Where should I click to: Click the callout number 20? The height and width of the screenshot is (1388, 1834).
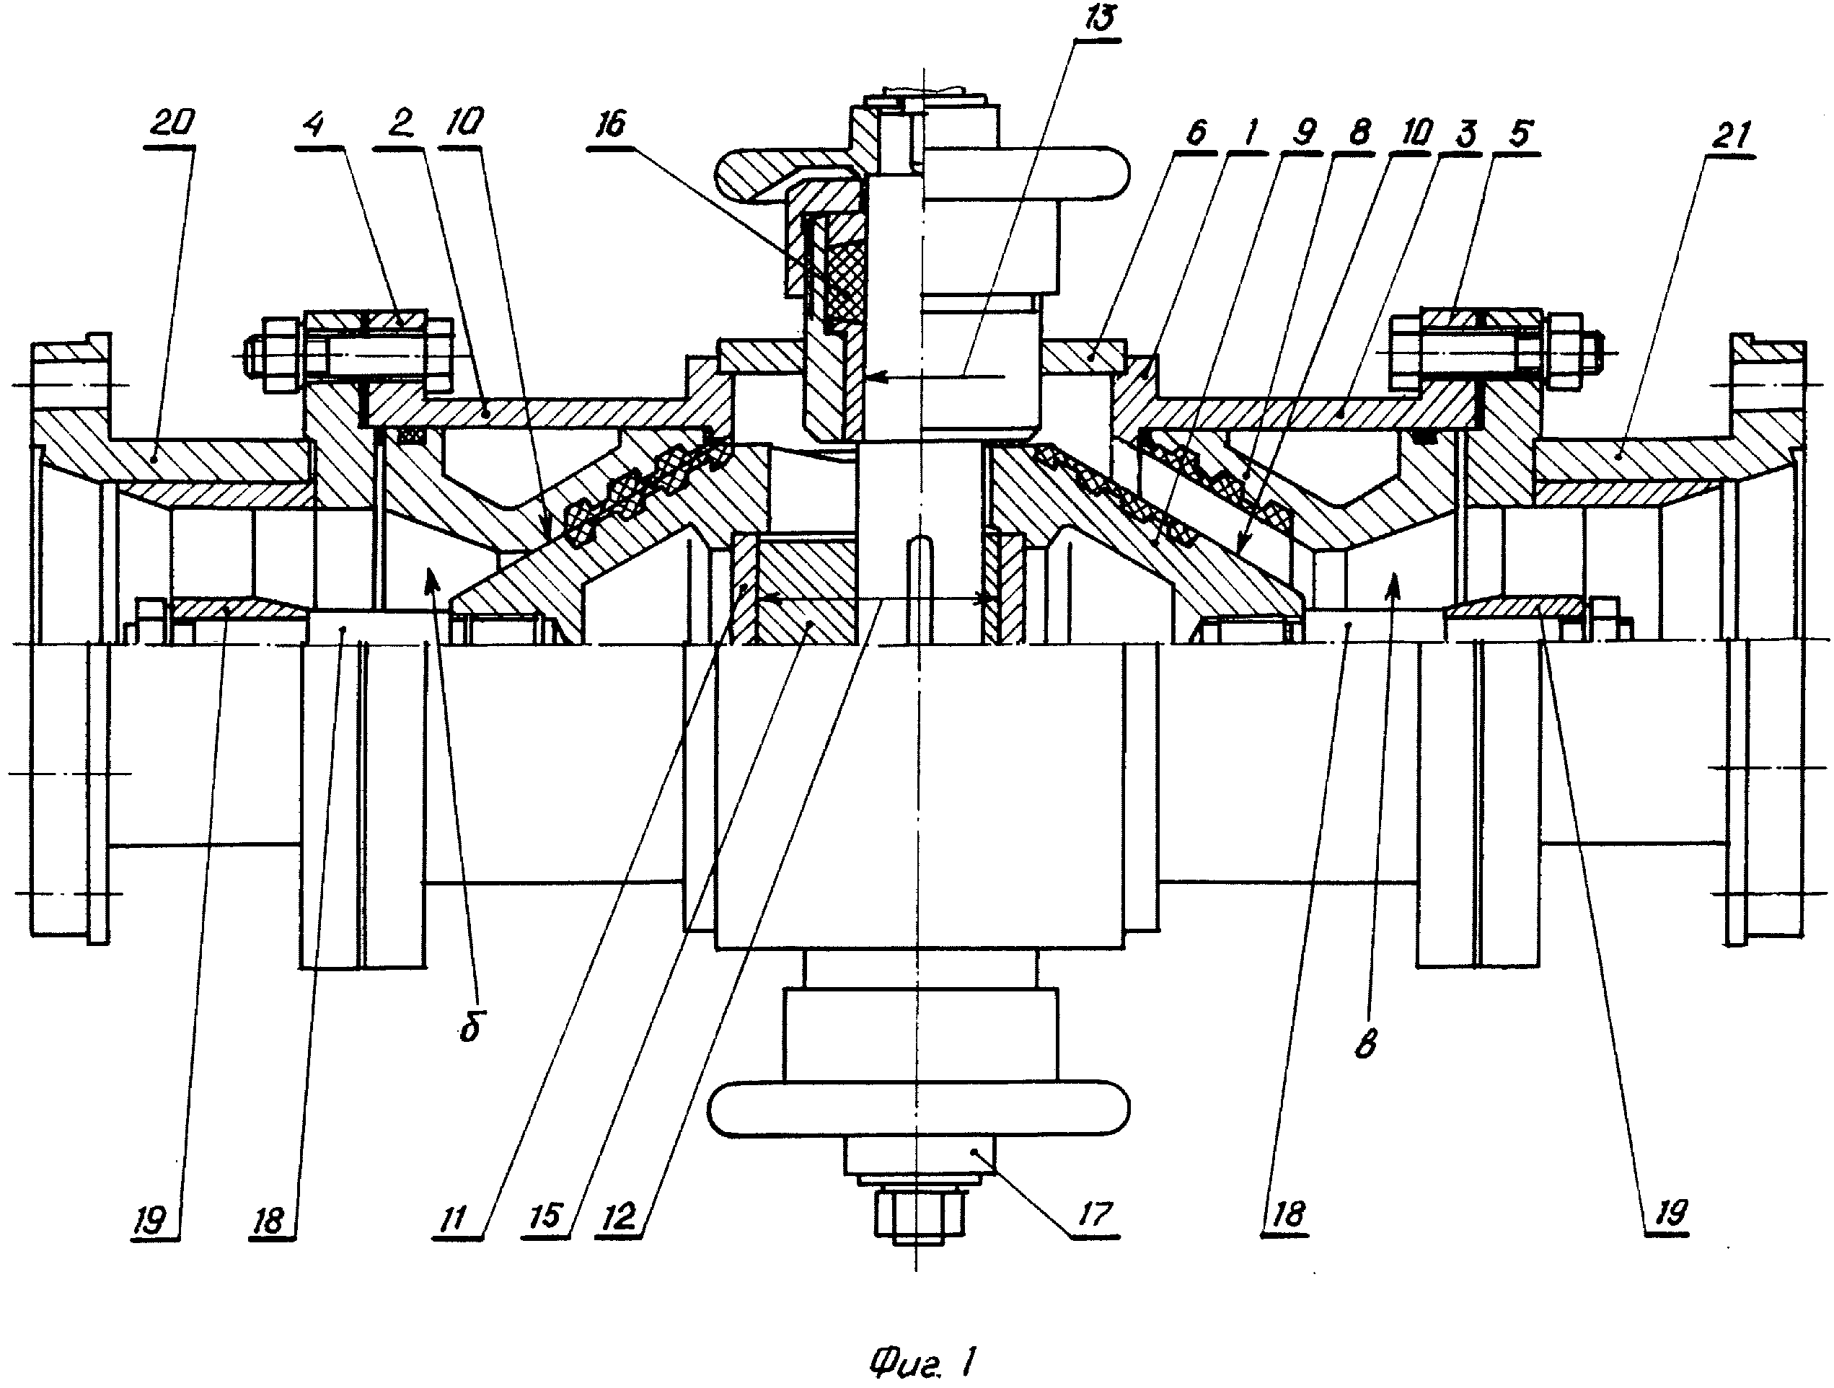point(174,123)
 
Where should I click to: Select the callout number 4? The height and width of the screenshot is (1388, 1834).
point(315,125)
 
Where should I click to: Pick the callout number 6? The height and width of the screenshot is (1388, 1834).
point(1196,133)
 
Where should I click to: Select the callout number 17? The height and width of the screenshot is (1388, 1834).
point(1095,1215)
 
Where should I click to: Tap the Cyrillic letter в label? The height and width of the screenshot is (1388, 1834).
point(1365,1046)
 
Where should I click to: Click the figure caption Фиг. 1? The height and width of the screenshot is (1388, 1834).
point(922,1361)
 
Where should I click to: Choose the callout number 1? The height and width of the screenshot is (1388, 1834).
point(1251,133)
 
